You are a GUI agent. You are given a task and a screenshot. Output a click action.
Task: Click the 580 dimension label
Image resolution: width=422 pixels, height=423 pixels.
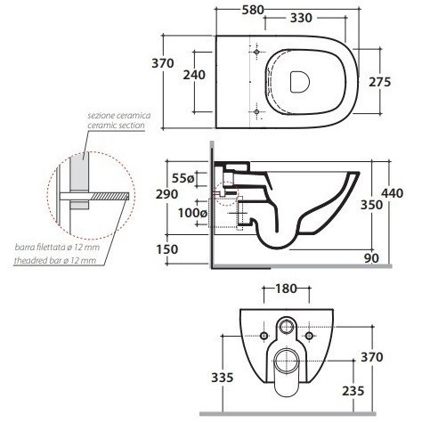point(253,10)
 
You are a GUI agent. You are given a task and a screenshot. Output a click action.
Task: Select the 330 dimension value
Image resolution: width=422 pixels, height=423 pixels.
point(301,18)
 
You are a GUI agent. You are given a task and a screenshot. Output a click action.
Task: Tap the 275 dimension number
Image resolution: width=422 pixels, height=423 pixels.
point(380,82)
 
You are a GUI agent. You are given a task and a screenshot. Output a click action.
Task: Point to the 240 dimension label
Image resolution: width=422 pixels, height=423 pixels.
point(194,75)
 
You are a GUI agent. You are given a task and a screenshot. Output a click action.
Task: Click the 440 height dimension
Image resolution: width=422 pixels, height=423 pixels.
point(393,193)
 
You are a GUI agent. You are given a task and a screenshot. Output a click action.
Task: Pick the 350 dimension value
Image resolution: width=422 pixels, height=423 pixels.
point(371,205)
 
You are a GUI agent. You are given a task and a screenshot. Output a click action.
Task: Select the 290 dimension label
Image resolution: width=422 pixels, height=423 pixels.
point(167,194)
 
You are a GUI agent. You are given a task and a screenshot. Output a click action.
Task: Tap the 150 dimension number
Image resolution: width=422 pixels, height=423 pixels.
point(167,249)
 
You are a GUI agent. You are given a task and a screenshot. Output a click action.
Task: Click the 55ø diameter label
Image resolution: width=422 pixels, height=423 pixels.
point(183,178)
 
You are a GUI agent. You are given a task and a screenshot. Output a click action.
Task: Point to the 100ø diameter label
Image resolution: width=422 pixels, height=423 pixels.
point(192,213)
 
